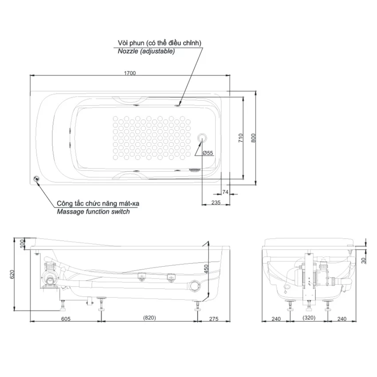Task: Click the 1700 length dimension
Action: (130, 73)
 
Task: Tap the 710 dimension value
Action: (241, 138)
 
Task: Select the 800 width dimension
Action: (253, 138)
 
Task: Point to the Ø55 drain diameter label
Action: (208, 153)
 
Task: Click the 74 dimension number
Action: (225, 192)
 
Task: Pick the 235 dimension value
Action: (216, 202)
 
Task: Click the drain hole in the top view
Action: (202, 138)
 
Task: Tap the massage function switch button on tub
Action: (36, 179)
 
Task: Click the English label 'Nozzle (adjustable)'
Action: (146, 51)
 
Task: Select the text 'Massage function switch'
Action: (93, 212)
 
